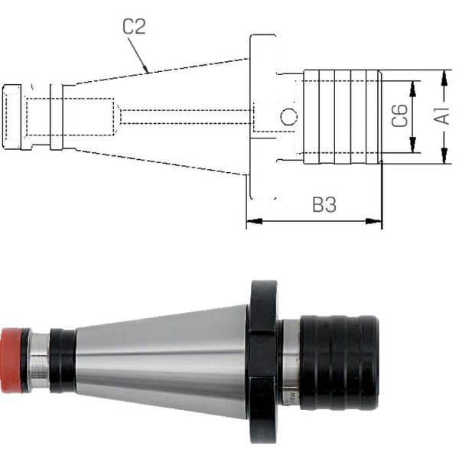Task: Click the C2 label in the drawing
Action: click(x=134, y=26)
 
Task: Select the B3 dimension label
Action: click(x=324, y=204)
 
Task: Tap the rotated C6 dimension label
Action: click(x=399, y=116)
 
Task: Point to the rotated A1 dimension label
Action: click(x=441, y=116)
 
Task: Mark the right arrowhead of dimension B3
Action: click(x=374, y=221)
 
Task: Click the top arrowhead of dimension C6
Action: click(x=413, y=89)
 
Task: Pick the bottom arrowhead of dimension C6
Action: click(x=413, y=145)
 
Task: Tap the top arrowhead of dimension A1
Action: click(x=444, y=78)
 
